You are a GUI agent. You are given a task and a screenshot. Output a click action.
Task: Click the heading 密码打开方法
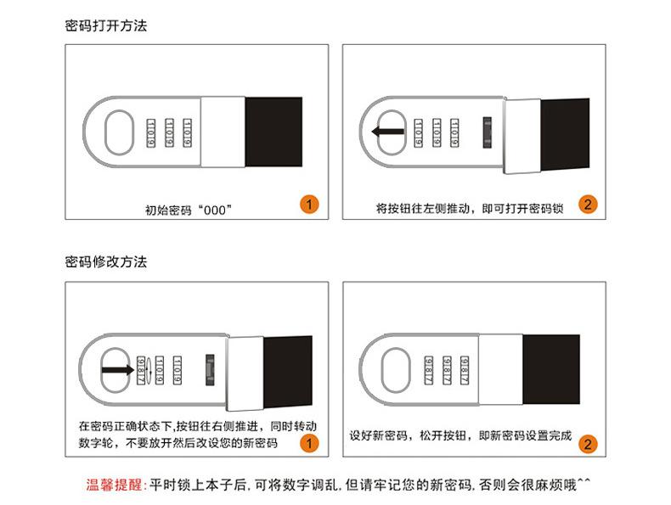point(106,25)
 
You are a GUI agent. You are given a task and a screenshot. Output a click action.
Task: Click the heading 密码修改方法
point(106,261)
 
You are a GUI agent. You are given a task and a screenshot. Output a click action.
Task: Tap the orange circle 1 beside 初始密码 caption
point(310,204)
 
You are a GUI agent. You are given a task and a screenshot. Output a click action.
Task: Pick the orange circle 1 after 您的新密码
point(310,442)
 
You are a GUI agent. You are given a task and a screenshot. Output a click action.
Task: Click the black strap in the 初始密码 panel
point(273,132)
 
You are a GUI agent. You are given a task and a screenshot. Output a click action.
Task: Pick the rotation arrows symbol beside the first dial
point(150,371)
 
